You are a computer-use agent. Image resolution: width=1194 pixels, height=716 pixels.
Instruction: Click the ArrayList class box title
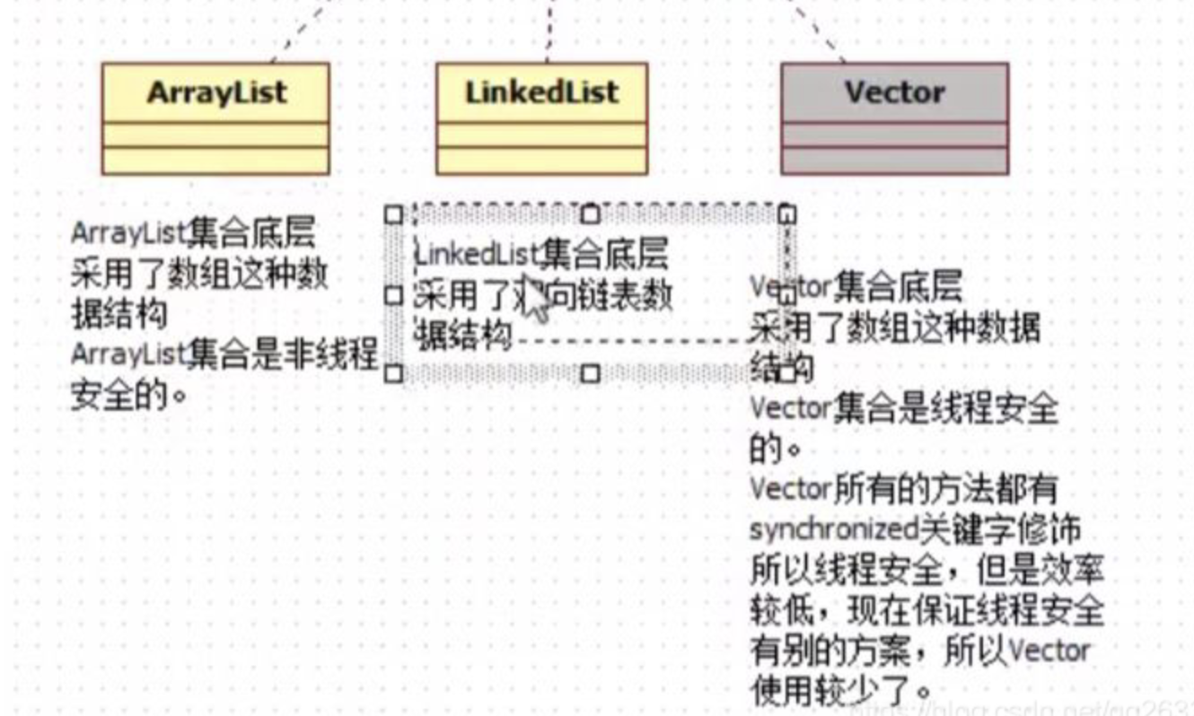(x=215, y=92)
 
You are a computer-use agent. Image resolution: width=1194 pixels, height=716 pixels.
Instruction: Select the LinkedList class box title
(x=541, y=92)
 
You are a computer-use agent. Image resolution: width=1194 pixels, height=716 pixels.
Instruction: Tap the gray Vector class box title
(x=894, y=92)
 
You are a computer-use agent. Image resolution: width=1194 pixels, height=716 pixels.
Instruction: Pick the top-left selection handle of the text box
(x=392, y=214)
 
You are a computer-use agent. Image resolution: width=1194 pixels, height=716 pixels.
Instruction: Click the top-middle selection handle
(x=590, y=214)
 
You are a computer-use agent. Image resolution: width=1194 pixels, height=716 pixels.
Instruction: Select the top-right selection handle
(x=786, y=214)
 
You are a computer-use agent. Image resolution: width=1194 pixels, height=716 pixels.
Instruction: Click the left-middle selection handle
(x=392, y=294)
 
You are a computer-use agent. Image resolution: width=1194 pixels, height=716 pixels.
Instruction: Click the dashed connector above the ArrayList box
(x=301, y=31)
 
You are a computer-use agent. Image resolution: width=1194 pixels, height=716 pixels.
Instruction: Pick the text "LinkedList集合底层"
(x=541, y=255)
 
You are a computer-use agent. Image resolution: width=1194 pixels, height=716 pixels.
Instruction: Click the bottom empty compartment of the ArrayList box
(x=215, y=161)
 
